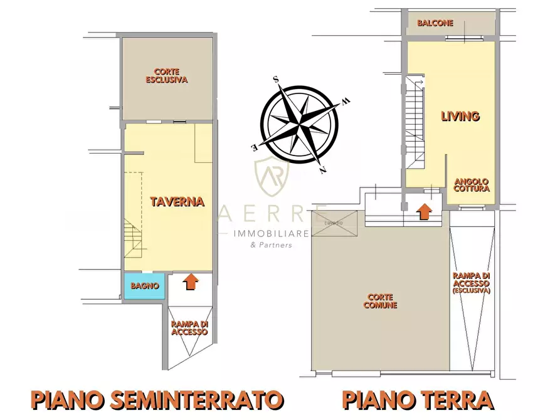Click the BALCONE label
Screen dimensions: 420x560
435,23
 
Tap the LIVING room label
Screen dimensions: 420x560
460,116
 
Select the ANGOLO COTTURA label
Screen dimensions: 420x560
471,184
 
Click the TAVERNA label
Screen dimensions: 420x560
177,201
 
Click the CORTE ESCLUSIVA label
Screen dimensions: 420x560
167,76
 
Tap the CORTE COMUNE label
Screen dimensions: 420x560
381,302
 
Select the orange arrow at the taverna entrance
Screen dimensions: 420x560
189,283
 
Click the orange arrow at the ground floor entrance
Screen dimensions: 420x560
425,212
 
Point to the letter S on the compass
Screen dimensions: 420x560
276,80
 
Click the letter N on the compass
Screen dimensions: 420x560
322,169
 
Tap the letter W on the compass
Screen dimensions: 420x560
346,101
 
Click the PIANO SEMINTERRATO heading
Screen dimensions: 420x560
157,399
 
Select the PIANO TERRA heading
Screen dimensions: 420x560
417,399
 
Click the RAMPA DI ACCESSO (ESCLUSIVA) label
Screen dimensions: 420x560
472,283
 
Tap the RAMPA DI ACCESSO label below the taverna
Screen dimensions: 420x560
189,328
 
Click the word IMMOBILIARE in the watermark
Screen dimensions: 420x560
271,234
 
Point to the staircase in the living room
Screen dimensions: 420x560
415,122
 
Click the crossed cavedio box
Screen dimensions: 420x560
334,223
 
